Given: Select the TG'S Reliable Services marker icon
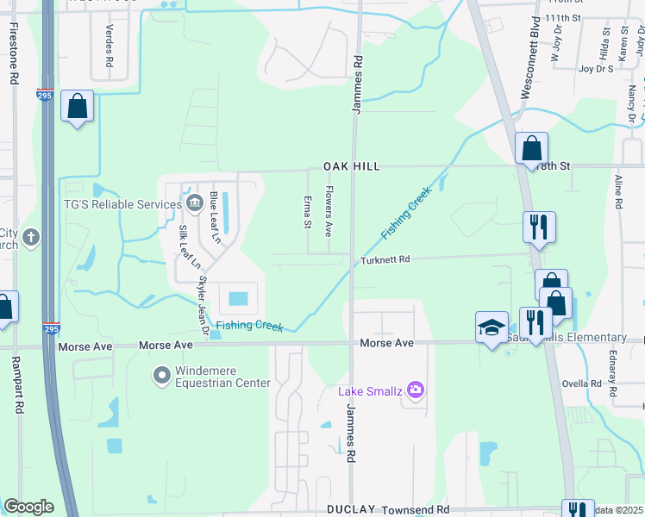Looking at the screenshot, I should point(193,203).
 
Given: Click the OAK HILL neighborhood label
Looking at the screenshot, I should point(352,165).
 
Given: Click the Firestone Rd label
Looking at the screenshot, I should point(15,53).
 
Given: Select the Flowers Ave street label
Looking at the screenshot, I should point(329,212).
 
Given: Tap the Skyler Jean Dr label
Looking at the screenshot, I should point(204,306).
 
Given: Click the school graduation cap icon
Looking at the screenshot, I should point(492,328).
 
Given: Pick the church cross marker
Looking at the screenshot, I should point(30,237).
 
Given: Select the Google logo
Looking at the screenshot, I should point(28,507).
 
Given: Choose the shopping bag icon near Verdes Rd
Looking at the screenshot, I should point(78,107).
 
